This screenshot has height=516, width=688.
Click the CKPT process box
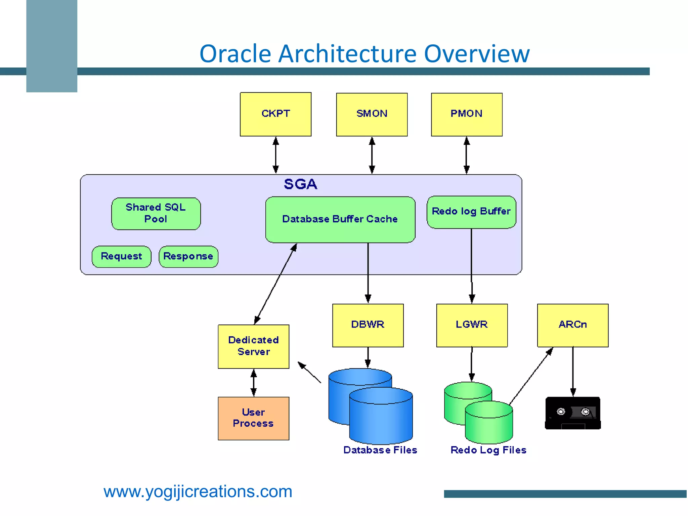pos(275,114)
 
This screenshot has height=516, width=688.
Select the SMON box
pos(372,114)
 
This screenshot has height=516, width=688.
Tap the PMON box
pos(467,114)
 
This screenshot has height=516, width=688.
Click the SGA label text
pos(300,184)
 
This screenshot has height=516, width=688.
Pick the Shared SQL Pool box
pos(156,213)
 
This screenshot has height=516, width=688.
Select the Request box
pos(121,256)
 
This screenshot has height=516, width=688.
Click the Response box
pos(188,256)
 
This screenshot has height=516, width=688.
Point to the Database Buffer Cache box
pos(340,219)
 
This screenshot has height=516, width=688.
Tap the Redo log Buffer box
pos(471,212)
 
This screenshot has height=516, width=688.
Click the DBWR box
pos(368,325)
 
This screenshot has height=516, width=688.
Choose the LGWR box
pos(472,325)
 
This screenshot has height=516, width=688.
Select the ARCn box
pos(572,325)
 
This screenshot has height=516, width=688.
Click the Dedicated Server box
pos(253,346)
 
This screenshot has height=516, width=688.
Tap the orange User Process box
pos(253,418)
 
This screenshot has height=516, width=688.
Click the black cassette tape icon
pos(572,413)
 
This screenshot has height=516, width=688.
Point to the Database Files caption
pos(380,450)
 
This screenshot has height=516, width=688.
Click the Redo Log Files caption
pos(488,450)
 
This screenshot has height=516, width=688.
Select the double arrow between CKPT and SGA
pos(275,155)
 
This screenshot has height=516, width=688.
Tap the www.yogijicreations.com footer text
pos(198,491)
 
